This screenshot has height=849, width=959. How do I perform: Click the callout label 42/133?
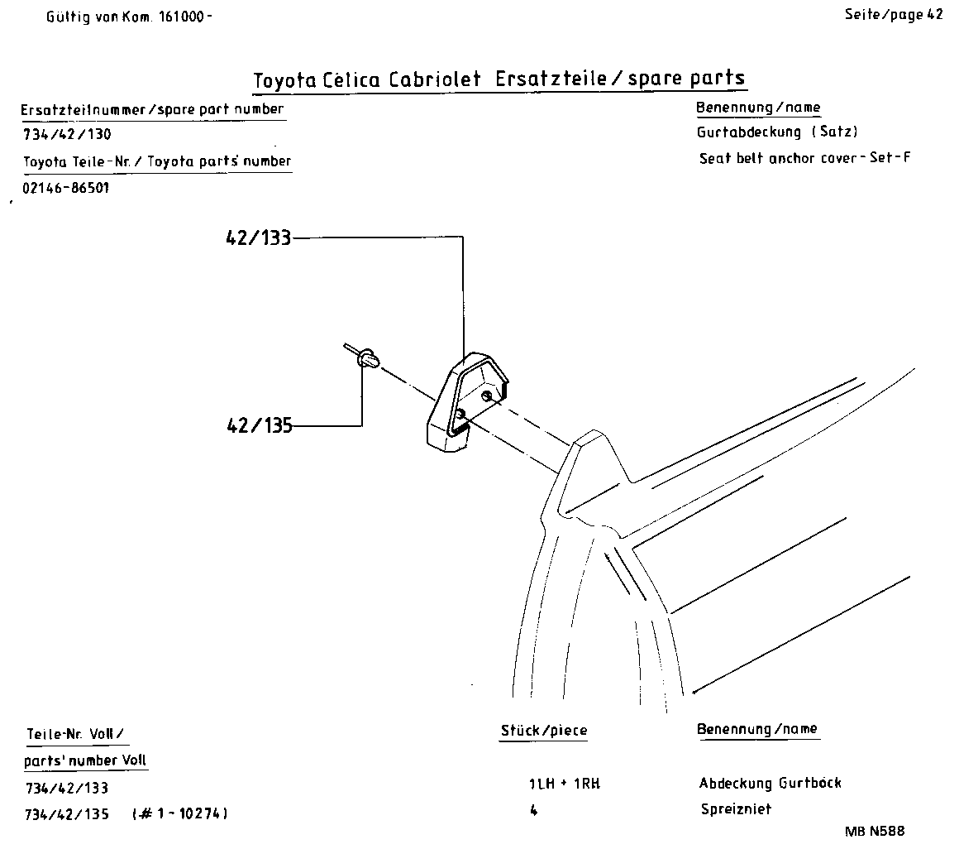[258, 238]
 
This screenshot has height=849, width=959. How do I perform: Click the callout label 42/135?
[258, 426]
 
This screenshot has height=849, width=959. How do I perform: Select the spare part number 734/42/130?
[66, 135]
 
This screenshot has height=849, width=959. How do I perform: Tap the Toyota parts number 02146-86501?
[66, 188]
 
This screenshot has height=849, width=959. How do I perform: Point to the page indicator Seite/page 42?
[893, 15]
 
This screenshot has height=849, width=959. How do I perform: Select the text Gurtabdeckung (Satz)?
[776, 132]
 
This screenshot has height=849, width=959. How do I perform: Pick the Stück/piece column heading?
[544, 731]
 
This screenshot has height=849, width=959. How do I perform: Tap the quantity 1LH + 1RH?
[563, 784]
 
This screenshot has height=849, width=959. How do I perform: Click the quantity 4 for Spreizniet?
[533, 811]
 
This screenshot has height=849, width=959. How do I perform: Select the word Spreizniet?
[735, 810]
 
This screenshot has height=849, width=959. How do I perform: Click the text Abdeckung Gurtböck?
[770, 783]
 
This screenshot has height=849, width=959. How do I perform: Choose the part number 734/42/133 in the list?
[66, 788]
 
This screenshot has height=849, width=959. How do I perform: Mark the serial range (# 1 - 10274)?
[179, 814]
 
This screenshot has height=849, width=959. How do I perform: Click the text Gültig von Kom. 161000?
[129, 16]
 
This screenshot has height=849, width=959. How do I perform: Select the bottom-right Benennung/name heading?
[757, 729]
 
